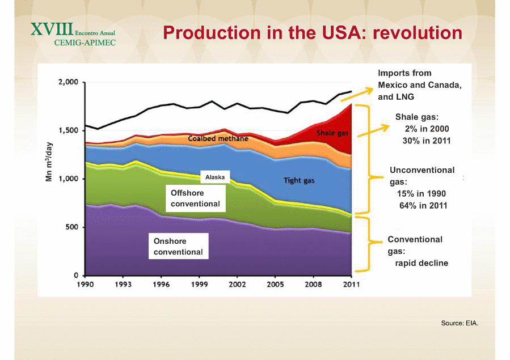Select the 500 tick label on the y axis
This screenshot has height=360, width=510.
coord(71,227)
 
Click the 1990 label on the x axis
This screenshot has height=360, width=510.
coord(85,284)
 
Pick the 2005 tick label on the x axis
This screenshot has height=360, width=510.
coord(276,284)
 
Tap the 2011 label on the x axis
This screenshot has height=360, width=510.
coord(352,284)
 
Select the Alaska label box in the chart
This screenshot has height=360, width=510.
coord(214,177)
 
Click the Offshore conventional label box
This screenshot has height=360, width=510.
coord(195,198)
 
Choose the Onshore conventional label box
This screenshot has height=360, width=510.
coord(178,247)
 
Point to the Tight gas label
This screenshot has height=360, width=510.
coord(300,181)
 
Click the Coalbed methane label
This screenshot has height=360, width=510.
coord(218,139)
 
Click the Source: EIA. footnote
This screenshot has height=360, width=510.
coord(460,323)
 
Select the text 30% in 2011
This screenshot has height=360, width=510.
coord(426,141)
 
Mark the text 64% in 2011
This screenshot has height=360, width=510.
coord(423,205)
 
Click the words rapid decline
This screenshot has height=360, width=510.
coord(422,263)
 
